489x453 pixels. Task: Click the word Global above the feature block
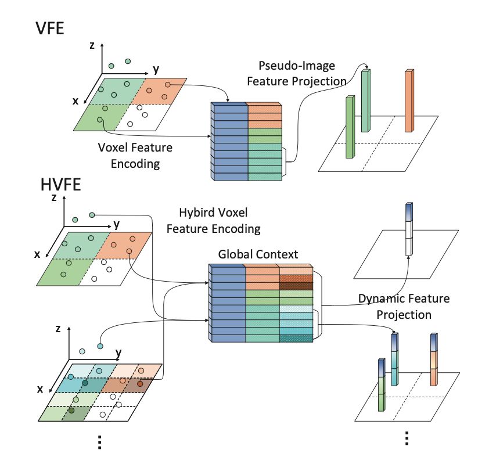[235, 254]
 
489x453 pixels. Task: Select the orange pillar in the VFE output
[409, 101]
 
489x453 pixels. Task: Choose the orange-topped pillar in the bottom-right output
[433, 360]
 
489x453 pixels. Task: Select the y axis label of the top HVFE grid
[117, 223]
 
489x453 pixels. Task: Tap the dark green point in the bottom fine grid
[71, 411]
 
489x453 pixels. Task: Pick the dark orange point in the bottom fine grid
[140, 383]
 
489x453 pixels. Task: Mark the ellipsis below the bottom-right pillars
[407, 436]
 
